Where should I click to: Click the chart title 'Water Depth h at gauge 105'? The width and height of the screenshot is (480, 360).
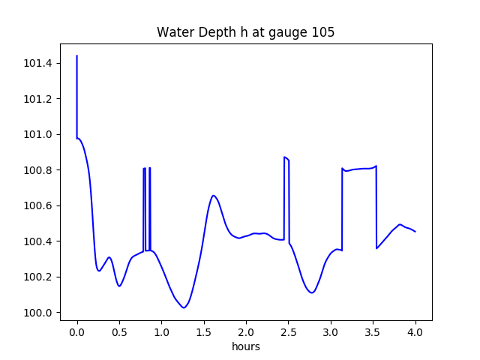pos(245,33)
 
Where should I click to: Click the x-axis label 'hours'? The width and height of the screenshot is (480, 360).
pos(245,347)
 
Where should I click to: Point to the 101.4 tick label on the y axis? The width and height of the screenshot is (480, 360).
pos(38,64)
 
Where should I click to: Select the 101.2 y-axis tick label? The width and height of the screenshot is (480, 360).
pos(38,99)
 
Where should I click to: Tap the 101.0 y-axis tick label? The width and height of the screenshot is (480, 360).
pos(38,135)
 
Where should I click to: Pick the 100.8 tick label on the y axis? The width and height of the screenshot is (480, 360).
pos(38,170)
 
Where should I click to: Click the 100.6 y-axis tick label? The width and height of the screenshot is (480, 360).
pos(38,206)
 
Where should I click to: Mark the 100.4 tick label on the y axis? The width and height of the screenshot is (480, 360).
pos(38,241)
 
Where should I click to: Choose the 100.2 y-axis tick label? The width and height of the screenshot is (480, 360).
pos(38,277)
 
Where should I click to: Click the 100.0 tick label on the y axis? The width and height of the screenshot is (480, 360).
pos(38,313)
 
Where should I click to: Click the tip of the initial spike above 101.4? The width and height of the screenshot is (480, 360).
pos(77,55)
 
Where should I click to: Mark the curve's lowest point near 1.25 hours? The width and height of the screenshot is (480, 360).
pos(183,307)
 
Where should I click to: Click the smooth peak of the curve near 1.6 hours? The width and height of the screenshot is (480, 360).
pos(214,196)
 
